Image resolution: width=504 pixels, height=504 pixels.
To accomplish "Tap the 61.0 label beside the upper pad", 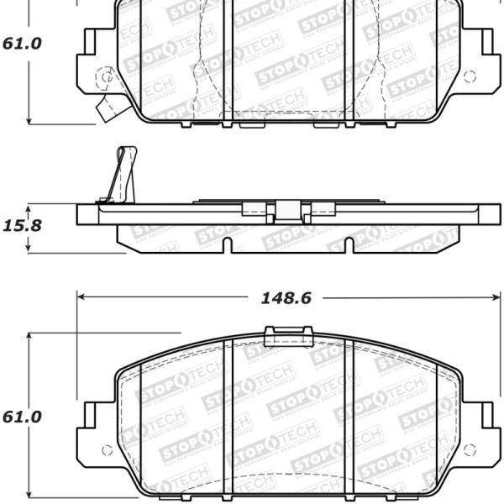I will coord(22,44).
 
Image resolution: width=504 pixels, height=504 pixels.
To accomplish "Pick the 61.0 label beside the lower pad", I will coord(22,417).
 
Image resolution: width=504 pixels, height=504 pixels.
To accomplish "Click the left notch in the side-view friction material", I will coord(228,244).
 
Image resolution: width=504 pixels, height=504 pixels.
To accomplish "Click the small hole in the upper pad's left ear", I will coord(105,78).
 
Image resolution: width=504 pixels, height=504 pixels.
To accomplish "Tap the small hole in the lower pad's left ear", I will coord(105,450).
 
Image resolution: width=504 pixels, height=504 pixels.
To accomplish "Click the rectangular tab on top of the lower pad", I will coord(288,336).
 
